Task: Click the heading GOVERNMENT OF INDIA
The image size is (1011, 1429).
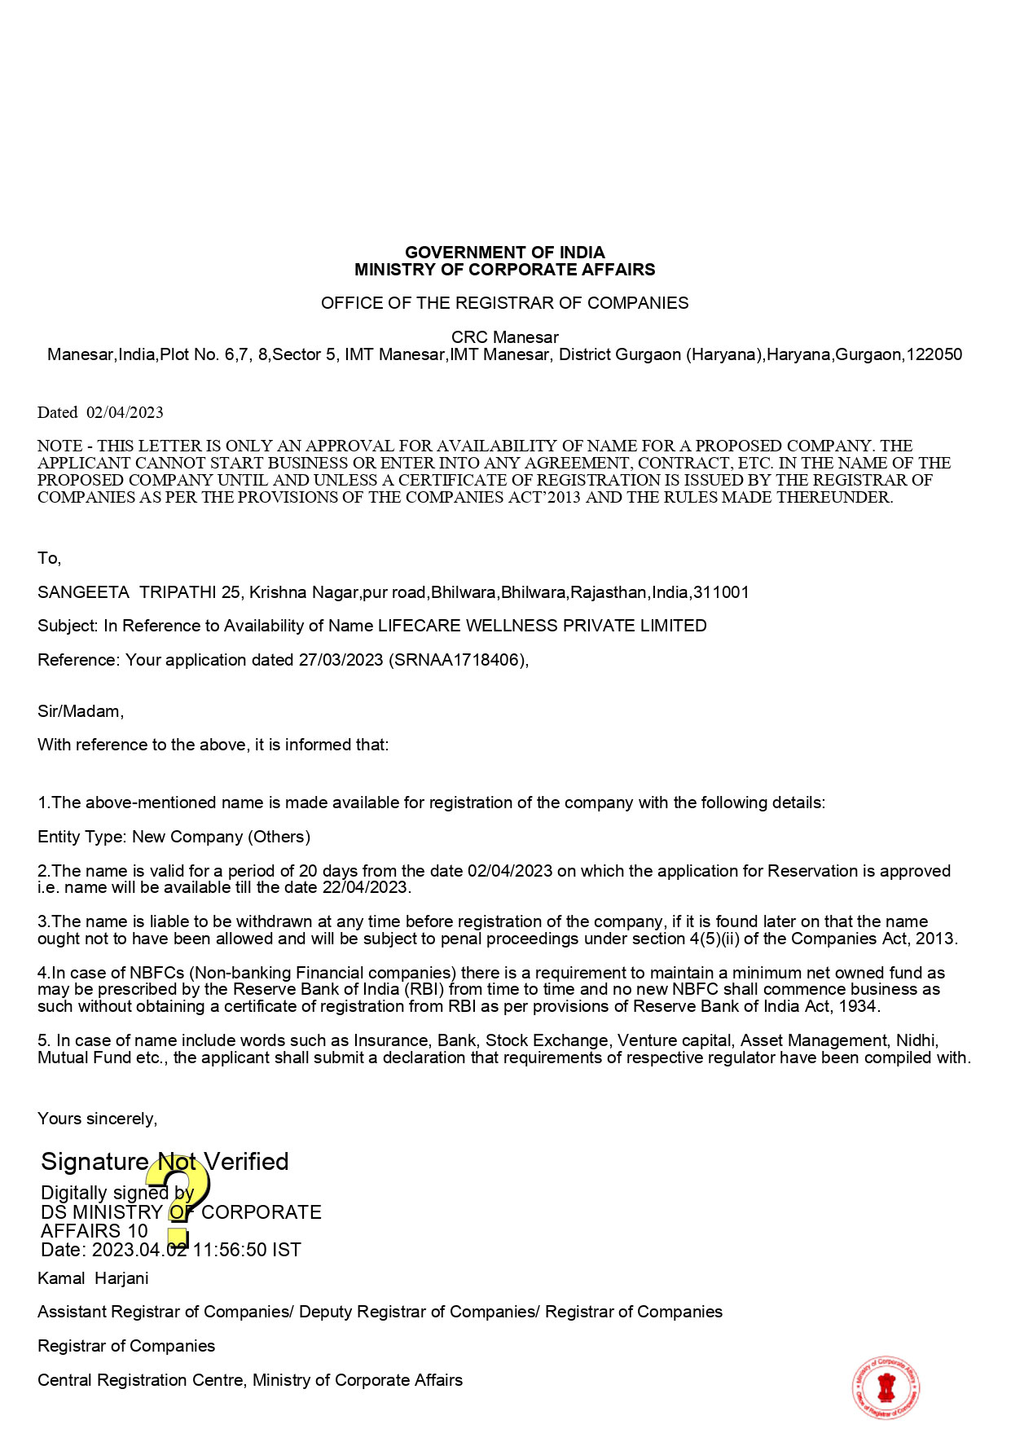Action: tap(504, 253)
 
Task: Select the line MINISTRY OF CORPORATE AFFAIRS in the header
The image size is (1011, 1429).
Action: tap(504, 270)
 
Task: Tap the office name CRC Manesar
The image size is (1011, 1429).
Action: tap(504, 337)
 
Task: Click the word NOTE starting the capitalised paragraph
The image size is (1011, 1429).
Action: tap(59, 446)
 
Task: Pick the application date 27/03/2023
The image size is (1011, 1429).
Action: tap(341, 660)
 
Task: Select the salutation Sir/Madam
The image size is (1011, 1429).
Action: tap(80, 711)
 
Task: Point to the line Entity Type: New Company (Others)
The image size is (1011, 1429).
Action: tap(174, 837)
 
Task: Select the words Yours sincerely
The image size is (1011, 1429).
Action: tap(97, 1119)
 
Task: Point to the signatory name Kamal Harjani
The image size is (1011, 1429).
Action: tap(93, 1278)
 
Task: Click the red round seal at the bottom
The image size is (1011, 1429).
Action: tap(886, 1387)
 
